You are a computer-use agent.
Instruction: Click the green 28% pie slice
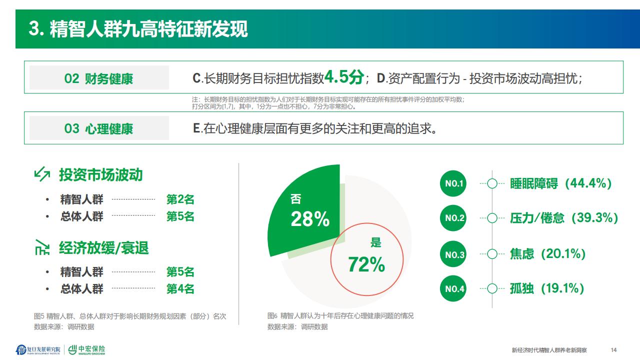[x=305, y=211]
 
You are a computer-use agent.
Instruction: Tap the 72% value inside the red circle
[x=366, y=264]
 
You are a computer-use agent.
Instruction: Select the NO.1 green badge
[x=453, y=183]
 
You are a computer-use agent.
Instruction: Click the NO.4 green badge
[x=453, y=288]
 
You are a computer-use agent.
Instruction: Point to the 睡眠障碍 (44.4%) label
[x=560, y=183]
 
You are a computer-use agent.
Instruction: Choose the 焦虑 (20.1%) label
[x=547, y=253]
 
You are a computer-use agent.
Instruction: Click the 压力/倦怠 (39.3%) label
[x=564, y=218]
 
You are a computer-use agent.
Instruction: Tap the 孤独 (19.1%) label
[x=547, y=288]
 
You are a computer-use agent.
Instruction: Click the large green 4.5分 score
[x=344, y=77]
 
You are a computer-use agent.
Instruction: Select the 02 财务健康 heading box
[x=99, y=77]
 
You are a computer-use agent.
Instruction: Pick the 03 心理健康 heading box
[x=99, y=128]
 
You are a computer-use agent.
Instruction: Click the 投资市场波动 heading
[x=100, y=175]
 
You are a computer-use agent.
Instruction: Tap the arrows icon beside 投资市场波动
[x=42, y=174]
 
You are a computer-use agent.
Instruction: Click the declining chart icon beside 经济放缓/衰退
[x=42, y=247]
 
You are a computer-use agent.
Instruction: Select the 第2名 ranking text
[x=180, y=199]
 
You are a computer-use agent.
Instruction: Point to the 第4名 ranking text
[x=180, y=289]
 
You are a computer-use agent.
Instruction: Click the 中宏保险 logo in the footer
[x=87, y=349]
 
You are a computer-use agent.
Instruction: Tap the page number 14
[x=613, y=350]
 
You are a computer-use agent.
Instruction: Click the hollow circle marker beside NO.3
[x=492, y=253]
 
